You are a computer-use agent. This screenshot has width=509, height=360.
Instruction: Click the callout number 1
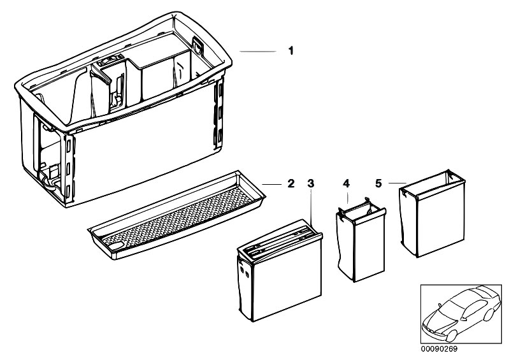tap(291, 50)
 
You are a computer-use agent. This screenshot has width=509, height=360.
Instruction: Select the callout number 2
tap(291, 184)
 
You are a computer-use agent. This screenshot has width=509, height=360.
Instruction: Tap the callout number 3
tap(311, 184)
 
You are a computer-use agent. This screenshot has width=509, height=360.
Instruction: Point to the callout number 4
tap(346, 184)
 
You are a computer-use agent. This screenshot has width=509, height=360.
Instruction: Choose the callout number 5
tap(378, 184)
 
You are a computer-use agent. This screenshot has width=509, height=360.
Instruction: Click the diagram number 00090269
tap(439, 349)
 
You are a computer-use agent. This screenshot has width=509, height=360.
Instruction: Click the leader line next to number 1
tap(258, 52)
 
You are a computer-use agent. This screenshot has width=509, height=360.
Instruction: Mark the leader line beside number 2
tap(272, 184)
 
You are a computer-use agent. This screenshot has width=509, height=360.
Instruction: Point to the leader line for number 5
tap(398, 184)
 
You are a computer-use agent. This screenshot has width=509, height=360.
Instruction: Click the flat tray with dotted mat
tap(177, 215)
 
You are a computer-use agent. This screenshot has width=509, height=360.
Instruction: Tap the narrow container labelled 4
tap(361, 240)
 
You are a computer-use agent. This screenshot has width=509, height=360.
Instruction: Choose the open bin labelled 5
tap(432, 213)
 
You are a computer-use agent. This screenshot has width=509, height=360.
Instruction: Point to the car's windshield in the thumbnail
tap(450, 308)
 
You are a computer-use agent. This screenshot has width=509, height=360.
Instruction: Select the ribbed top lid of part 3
tap(279, 240)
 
